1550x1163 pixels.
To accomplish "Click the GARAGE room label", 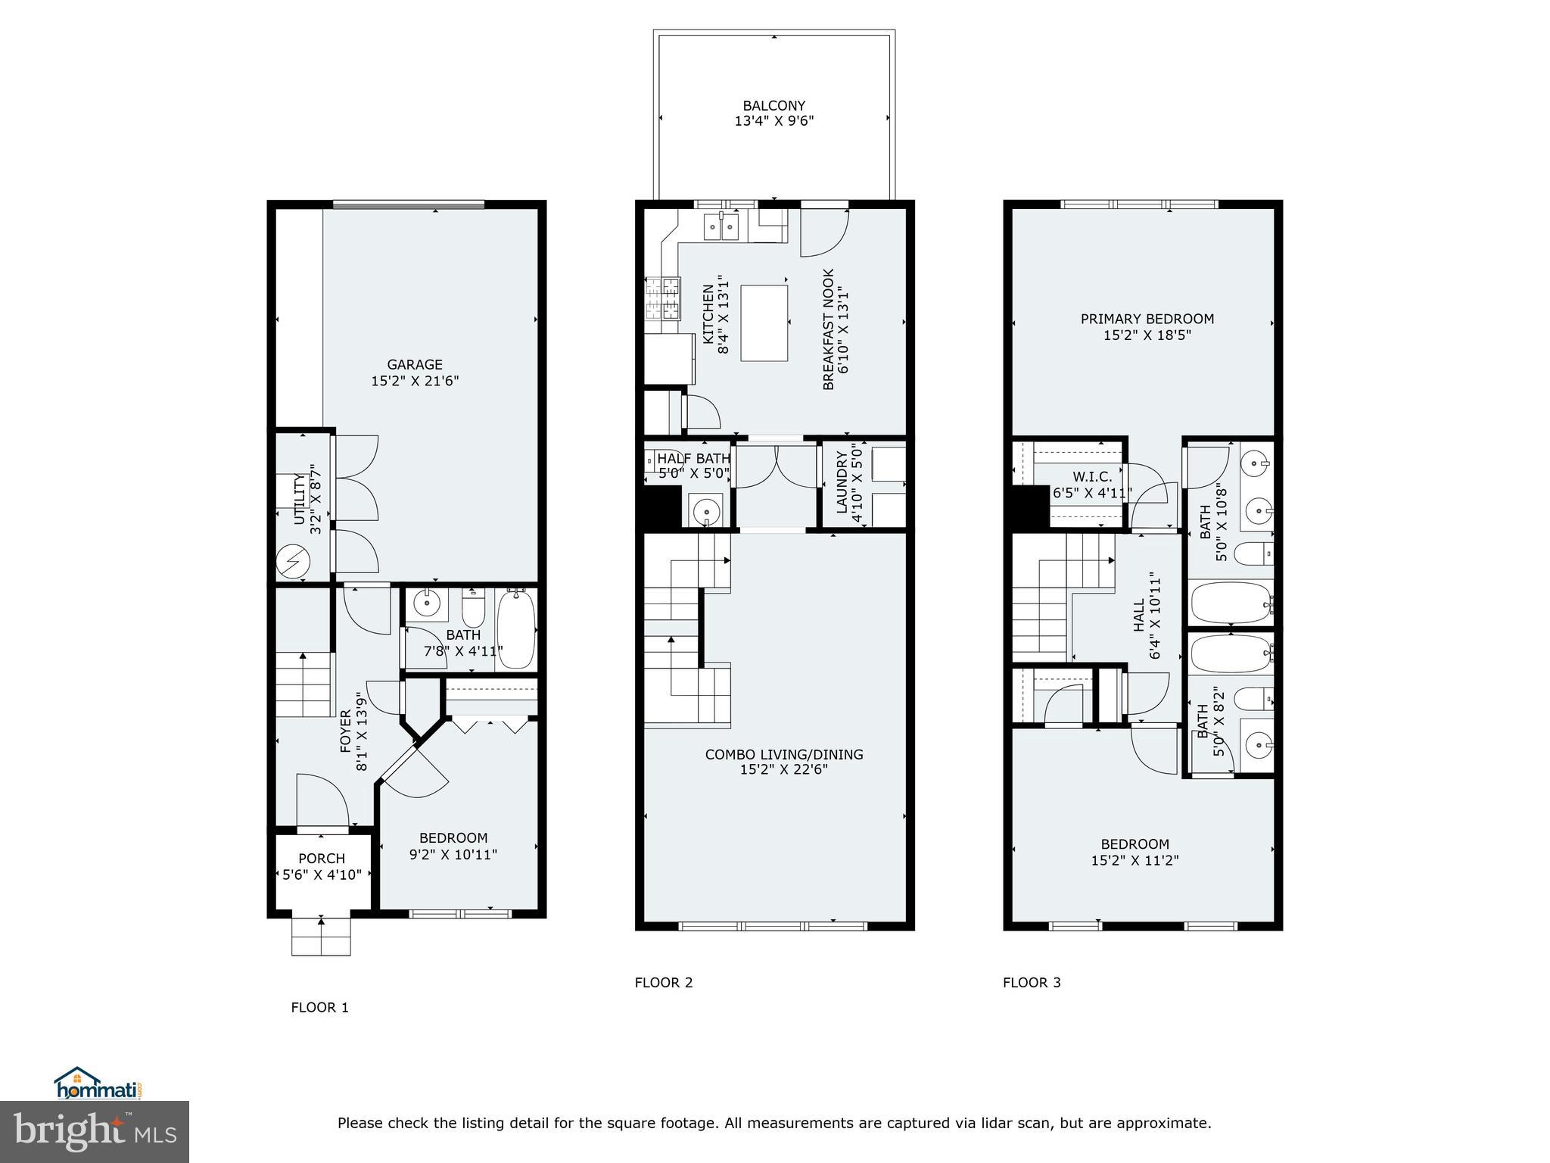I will [415, 365].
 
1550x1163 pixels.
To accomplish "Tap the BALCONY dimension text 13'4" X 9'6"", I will [773, 121].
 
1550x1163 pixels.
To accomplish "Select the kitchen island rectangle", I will [764, 323].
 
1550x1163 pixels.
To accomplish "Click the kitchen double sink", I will [721, 226].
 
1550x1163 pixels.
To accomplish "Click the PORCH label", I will [322, 859].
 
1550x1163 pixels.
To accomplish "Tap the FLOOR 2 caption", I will [663, 983].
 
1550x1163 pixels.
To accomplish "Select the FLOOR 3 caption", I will [1032, 983].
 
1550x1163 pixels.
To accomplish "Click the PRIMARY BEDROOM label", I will [1147, 319].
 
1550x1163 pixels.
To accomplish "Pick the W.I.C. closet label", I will [1092, 477].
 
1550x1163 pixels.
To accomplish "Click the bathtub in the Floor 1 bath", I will [516, 630].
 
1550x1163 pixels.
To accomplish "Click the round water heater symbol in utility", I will [293, 562].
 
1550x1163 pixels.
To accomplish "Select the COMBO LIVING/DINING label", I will [783, 754].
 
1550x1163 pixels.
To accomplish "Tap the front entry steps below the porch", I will [322, 937].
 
